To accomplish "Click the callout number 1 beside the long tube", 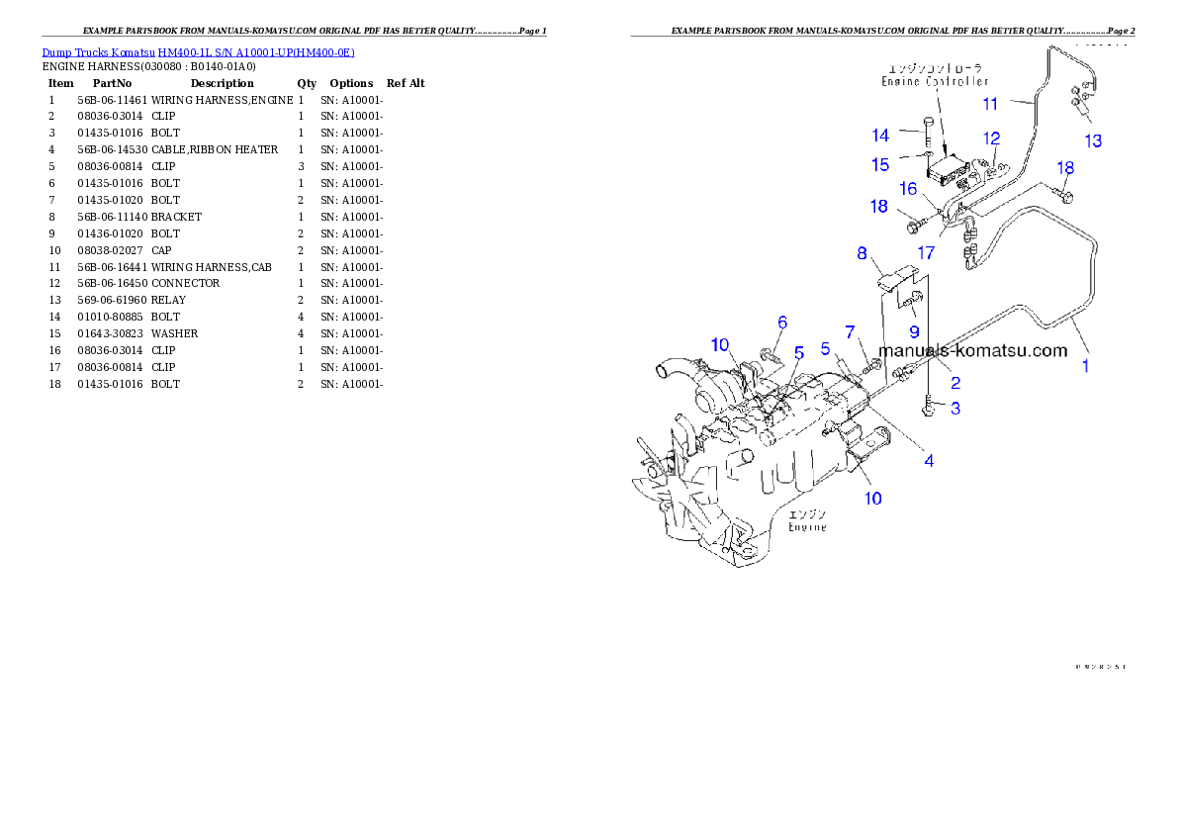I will coord(1084,366).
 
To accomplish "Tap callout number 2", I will coord(955,382).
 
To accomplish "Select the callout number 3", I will coord(955,407).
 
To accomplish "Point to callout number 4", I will coord(929,460).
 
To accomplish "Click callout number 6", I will coord(782,322).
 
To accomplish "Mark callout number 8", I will coord(861,253).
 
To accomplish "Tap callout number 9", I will coord(914,330).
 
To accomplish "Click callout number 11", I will coord(990,103).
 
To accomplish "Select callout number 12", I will coord(991,139).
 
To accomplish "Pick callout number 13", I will coord(1093,140).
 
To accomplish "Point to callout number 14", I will coord(880,135).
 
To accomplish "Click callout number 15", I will coord(880,165).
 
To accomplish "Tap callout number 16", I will coord(908,188).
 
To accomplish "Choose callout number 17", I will coord(926,253).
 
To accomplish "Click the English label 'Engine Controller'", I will coord(935,81).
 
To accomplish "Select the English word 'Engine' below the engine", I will coord(807,527).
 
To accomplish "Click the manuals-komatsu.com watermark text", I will coord(972,350).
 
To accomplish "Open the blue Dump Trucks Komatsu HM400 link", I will coord(198,52).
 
